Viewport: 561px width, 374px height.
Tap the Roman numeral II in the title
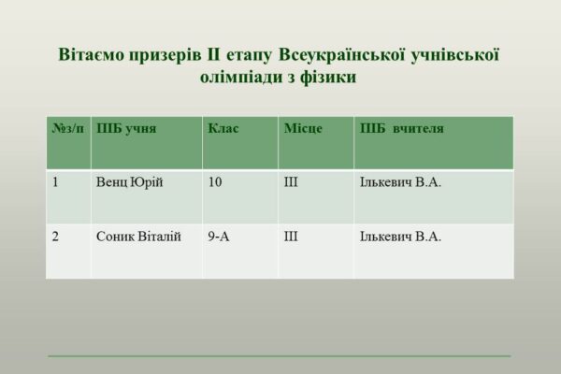(213, 54)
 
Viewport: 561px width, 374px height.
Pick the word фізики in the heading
(328, 78)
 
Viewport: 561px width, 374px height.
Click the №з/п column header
(68, 128)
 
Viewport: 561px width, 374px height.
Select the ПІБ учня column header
(126, 128)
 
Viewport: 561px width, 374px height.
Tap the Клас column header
(223, 128)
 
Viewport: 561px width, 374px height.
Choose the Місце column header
(303, 128)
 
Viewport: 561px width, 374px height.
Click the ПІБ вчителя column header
(402, 128)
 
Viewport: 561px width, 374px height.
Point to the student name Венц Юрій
(130, 182)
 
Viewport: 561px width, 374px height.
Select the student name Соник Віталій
(138, 237)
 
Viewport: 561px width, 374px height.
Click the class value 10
(215, 182)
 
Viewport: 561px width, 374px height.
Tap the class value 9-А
(219, 237)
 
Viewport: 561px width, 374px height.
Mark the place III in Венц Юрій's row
(291, 182)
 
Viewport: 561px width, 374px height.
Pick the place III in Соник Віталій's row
(291, 237)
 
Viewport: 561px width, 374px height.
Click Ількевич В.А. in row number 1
(401, 182)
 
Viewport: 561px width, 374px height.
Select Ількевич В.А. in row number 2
(401, 237)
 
